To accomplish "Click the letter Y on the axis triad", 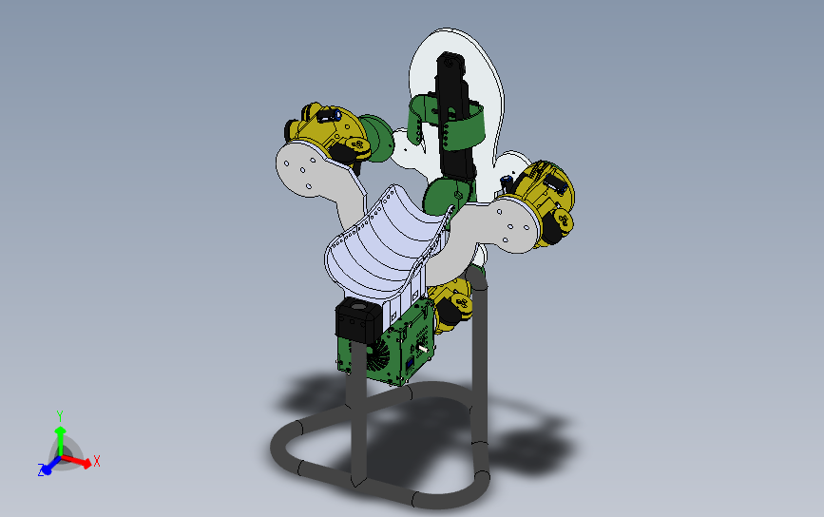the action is pyautogui.click(x=60, y=416).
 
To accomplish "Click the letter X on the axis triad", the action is pyautogui.click(x=96, y=461).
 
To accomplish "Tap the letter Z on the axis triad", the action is pyautogui.click(x=42, y=469).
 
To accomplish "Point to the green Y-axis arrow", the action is pyautogui.click(x=61, y=440).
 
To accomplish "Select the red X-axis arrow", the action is pyautogui.click(x=77, y=461).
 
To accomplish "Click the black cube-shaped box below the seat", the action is pyautogui.click(x=358, y=319).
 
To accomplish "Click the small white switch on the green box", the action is pyautogui.click(x=423, y=349).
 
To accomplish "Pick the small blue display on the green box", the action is pyautogui.click(x=410, y=363).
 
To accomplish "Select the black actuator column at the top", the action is pyautogui.click(x=454, y=116).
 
